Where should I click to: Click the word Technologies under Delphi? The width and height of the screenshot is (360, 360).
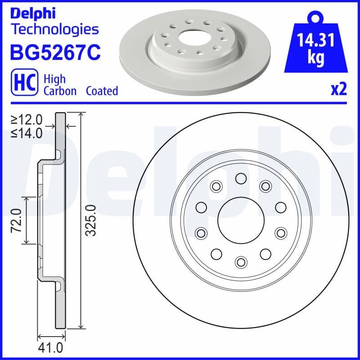54,30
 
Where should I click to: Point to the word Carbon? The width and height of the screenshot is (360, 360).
59,91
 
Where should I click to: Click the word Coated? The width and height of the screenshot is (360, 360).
102,91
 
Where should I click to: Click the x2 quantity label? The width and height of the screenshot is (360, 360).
338,90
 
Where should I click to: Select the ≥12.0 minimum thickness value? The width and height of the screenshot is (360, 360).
27,120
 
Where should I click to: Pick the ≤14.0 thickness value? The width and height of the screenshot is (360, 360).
27,133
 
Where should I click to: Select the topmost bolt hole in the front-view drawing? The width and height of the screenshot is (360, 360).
241,180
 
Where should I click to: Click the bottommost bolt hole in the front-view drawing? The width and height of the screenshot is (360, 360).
241,261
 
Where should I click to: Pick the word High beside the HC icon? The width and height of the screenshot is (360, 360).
54,79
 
